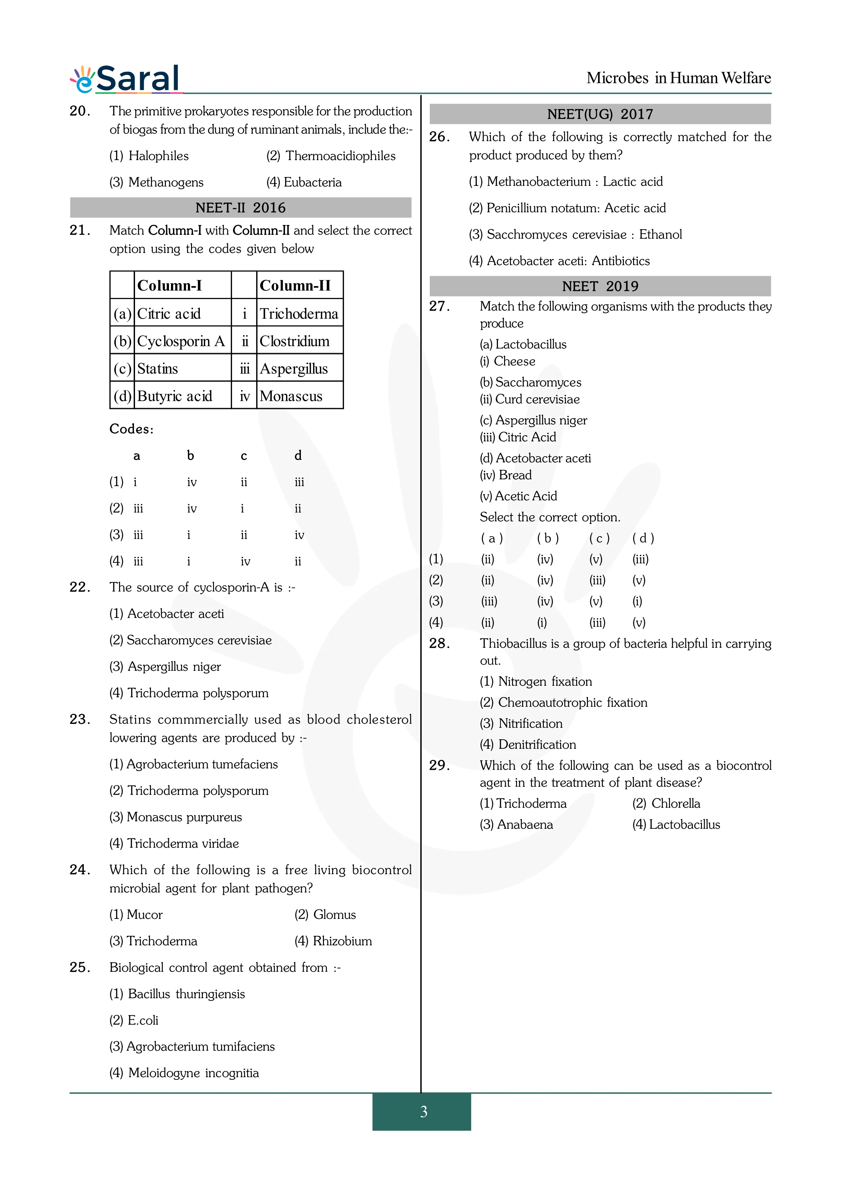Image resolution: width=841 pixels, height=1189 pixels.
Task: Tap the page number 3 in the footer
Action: click(x=423, y=1112)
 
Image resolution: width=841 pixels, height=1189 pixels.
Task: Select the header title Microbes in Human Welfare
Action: click(x=678, y=78)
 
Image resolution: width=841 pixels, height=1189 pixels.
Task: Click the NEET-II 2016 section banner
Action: click(x=241, y=208)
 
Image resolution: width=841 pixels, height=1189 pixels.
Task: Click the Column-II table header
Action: click(x=295, y=285)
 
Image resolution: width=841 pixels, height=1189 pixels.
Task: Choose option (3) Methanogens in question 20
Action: click(x=156, y=182)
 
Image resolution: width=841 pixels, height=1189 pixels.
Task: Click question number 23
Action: click(x=80, y=719)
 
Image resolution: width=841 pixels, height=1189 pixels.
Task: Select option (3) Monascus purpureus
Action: click(x=176, y=817)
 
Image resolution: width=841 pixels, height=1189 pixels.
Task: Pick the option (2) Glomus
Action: click(x=325, y=914)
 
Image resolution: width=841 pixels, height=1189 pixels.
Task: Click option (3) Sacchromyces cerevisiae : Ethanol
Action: click(x=575, y=235)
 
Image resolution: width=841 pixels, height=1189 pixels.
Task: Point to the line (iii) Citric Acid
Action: click(x=518, y=437)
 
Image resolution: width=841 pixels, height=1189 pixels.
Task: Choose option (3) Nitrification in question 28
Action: click(x=521, y=723)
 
